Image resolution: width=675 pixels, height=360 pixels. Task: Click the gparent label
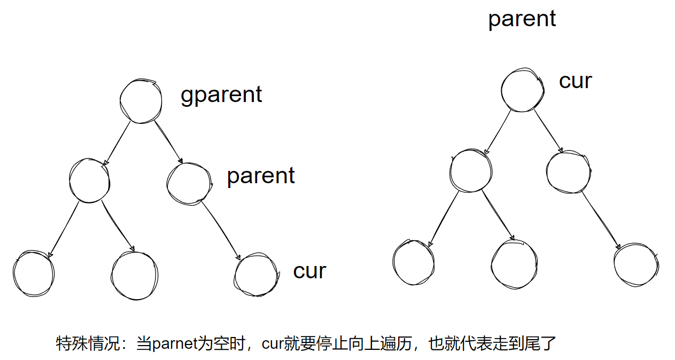tap(221, 95)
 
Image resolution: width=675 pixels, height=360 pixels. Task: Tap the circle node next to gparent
tap(141, 101)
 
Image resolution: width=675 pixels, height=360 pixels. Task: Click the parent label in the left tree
tap(261, 176)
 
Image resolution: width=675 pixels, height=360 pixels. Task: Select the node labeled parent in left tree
tap(189, 182)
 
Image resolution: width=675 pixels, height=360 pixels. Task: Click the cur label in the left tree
tap(309, 271)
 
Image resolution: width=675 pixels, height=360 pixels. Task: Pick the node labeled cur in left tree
tap(256, 275)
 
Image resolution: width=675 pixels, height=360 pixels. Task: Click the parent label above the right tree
tap(522, 19)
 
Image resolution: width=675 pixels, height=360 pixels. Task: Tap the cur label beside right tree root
tap(576, 81)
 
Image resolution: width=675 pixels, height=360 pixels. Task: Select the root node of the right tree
tap(523, 90)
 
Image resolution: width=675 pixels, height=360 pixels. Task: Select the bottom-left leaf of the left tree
tap(33, 273)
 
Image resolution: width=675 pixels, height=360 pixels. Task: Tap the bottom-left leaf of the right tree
tap(413, 262)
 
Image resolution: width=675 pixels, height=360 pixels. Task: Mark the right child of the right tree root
tap(569, 171)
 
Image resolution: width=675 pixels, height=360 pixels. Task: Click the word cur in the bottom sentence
tap(272, 343)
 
